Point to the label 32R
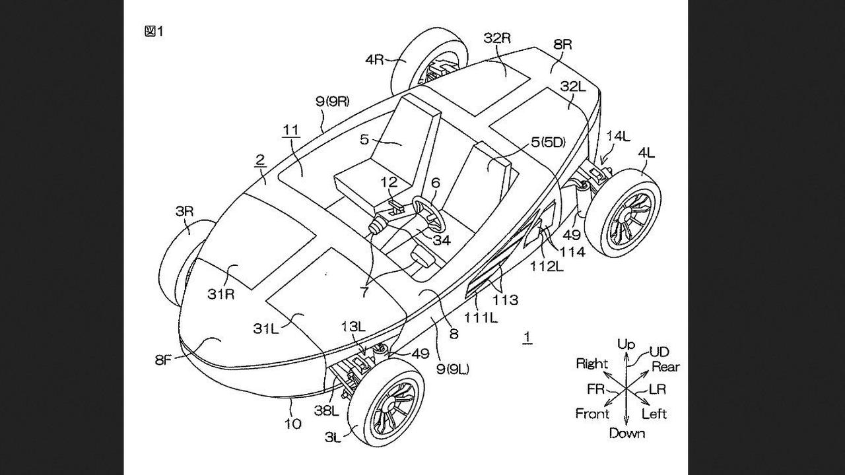pos(497,38)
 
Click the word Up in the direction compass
pos(626,344)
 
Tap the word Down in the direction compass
pos(626,433)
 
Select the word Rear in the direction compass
pos(665,367)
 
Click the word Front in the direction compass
pos(592,414)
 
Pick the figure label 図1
pos(153,31)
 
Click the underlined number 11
pos(291,131)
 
